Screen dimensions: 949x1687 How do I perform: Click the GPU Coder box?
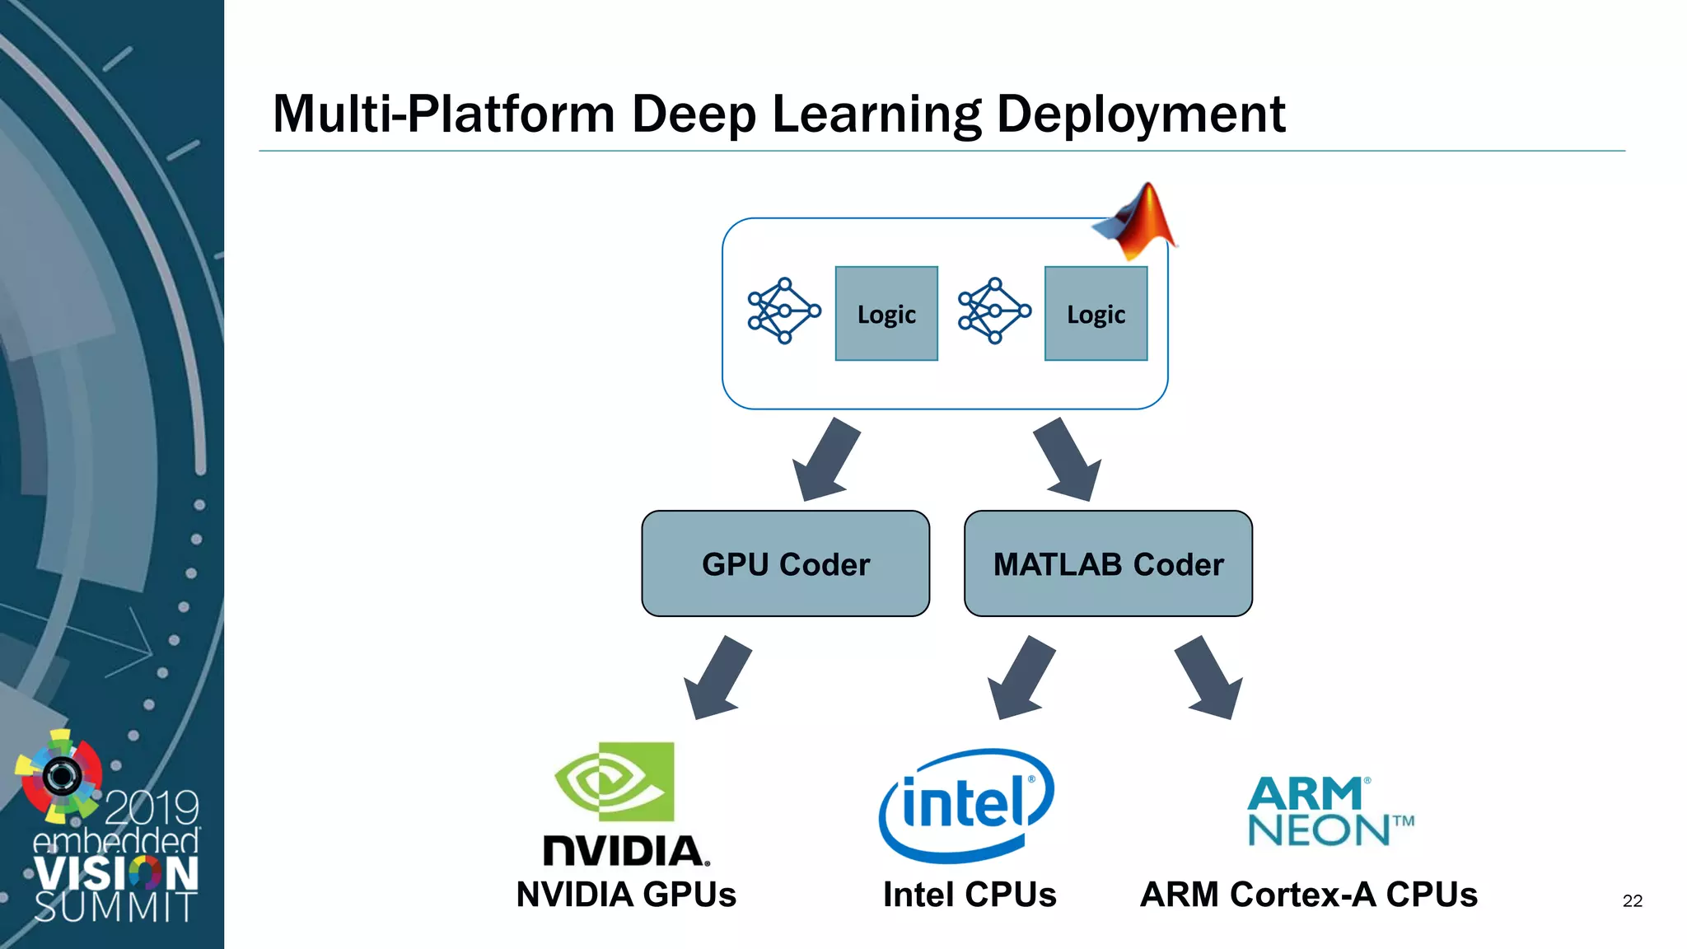click(x=785, y=563)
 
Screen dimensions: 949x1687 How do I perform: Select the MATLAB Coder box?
click(x=1108, y=563)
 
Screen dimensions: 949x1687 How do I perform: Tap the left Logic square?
click(x=886, y=314)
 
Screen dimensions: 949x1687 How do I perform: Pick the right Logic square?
click(x=1096, y=314)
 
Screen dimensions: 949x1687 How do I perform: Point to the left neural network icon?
click(x=783, y=311)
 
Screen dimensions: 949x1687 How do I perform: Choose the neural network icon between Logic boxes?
click(x=993, y=311)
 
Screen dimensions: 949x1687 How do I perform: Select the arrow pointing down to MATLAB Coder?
click(x=1069, y=461)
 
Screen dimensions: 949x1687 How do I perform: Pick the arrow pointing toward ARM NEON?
click(x=1209, y=678)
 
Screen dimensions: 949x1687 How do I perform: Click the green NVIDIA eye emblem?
click(x=615, y=781)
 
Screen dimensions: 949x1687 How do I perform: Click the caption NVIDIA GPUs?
click(x=626, y=895)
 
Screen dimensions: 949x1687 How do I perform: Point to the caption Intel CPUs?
click(x=970, y=895)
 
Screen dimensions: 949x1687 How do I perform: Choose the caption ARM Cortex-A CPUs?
click(x=1308, y=895)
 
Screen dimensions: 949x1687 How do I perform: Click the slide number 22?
click(x=1632, y=901)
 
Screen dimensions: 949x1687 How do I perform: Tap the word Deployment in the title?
click(x=1141, y=114)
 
